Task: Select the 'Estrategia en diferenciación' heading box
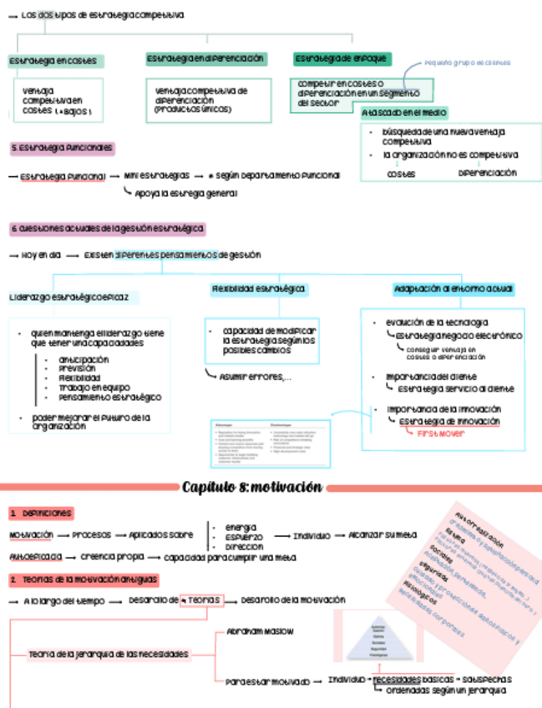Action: (x=205, y=59)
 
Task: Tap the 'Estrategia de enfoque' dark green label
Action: (x=342, y=58)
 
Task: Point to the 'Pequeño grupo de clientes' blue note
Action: (x=467, y=63)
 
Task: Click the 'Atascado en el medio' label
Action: (x=404, y=113)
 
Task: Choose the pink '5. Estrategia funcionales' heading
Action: (x=62, y=148)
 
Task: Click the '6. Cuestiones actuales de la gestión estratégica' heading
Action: (x=107, y=228)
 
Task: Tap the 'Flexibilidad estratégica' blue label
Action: (x=259, y=289)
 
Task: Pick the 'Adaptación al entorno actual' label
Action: (x=453, y=289)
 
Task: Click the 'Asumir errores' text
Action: (x=255, y=377)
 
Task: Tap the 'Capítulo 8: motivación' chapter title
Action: (x=251, y=487)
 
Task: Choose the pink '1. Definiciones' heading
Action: (x=41, y=513)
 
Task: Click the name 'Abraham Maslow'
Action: (x=260, y=631)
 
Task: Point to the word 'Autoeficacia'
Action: (x=35, y=556)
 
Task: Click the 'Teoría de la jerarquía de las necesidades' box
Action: (x=108, y=654)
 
